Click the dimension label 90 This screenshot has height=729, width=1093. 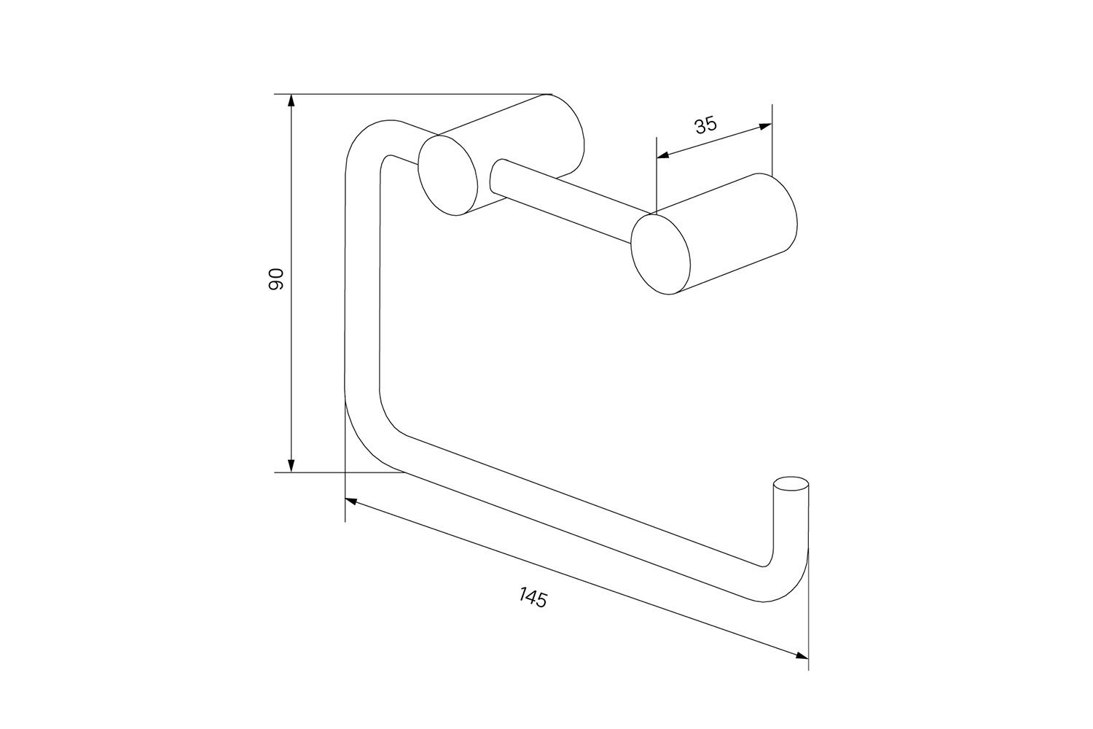point(276,279)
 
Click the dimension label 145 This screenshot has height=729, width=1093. point(533,598)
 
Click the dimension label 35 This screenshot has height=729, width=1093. point(705,125)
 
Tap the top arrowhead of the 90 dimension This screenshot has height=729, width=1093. point(291,101)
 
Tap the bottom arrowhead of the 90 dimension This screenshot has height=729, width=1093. point(291,466)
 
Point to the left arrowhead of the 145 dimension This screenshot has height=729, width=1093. point(352,501)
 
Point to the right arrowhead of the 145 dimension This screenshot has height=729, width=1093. point(802,656)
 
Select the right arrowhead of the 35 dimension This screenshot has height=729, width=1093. point(766,126)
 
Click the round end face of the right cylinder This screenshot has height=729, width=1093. point(661,254)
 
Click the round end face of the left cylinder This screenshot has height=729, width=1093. point(448,176)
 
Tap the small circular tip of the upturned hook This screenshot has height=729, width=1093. point(791,483)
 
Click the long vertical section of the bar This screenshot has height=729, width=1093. point(362,278)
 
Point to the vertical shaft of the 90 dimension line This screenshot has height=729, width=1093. point(291,283)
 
